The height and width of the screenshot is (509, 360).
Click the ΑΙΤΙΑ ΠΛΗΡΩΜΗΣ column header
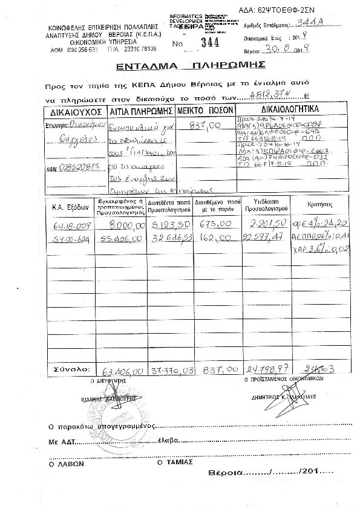pos(141,112)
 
